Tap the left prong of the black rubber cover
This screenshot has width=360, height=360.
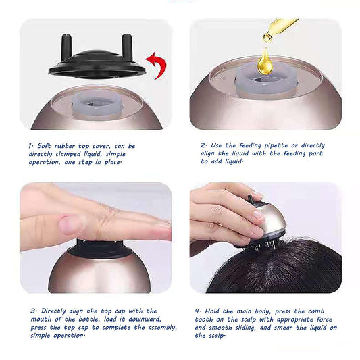tap(66, 47)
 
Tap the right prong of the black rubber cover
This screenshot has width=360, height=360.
tap(127, 46)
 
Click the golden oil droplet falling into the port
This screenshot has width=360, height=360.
tap(265, 61)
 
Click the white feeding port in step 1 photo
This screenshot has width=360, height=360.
tap(98, 104)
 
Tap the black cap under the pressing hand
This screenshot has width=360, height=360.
tap(101, 250)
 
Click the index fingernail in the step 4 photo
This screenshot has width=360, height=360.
tap(258, 215)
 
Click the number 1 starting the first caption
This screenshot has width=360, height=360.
tap(30, 146)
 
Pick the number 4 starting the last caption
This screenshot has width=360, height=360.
tap(197, 311)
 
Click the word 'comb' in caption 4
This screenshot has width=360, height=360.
tap(316, 311)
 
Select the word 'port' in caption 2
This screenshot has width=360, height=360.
tap(315, 153)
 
